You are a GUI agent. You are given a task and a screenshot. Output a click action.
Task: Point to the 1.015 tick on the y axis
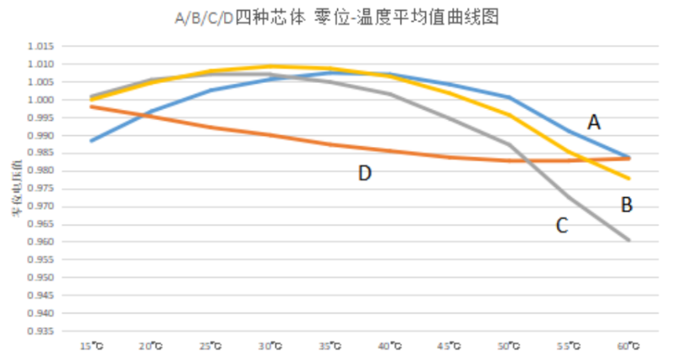pos(41,46)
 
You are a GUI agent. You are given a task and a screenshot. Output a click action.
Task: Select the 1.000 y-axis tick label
pos(41,100)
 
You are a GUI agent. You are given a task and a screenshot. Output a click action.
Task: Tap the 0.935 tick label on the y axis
pos(41,331)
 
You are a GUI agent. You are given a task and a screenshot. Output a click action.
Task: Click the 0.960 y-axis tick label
pos(41,243)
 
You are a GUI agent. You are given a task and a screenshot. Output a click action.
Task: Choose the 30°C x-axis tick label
pos(270,346)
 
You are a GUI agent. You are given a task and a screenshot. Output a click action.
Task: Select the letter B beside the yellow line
pos(627,204)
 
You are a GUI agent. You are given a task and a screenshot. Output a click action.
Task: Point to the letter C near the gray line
pos(562,225)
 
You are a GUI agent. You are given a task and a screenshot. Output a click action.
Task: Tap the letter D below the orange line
pos(364,173)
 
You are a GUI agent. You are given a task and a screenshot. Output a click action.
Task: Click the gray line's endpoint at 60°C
pos(629,240)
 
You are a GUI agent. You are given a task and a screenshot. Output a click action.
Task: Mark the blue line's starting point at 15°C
pos(90,140)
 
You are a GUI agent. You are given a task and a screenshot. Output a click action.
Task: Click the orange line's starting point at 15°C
pos(90,106)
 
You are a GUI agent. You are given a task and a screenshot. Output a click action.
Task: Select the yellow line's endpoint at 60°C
pos(629,178)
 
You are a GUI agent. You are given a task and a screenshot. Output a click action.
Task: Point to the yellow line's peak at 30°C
pos(270,66)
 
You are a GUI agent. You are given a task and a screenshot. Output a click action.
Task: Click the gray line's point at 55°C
pos(569,198)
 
